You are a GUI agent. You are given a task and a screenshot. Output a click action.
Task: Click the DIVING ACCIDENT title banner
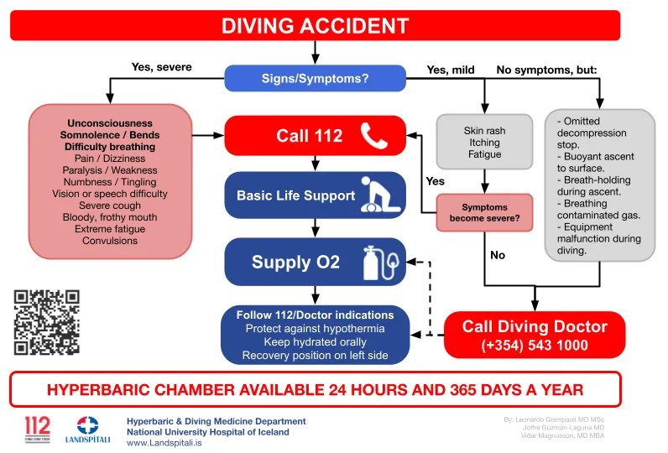pos(315,25)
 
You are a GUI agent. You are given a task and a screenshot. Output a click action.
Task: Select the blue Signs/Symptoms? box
pos(315,80)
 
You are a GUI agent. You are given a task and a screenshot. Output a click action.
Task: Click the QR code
pos(46,322)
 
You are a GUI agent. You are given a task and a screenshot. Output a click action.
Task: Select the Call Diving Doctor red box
pos(534,335)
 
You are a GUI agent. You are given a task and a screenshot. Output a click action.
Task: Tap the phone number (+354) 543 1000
pos(534,345)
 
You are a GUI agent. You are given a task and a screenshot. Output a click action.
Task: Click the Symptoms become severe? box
pos(484,213)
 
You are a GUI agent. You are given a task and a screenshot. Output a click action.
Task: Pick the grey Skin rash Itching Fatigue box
pos(484,143)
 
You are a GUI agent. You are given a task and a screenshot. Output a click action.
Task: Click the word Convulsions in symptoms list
pos(110,241)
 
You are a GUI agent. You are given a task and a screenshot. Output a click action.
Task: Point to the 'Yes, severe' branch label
pos(161,67)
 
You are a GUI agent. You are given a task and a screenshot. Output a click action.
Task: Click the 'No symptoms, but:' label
pos(546,70)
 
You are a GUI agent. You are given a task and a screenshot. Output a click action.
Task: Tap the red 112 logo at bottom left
pos(37,428)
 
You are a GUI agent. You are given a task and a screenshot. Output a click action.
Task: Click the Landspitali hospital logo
pos(88,430)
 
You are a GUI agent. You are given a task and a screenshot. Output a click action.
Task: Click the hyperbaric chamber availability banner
pos(315,390)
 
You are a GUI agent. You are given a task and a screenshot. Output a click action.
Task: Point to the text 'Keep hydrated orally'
pos(315,342)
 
